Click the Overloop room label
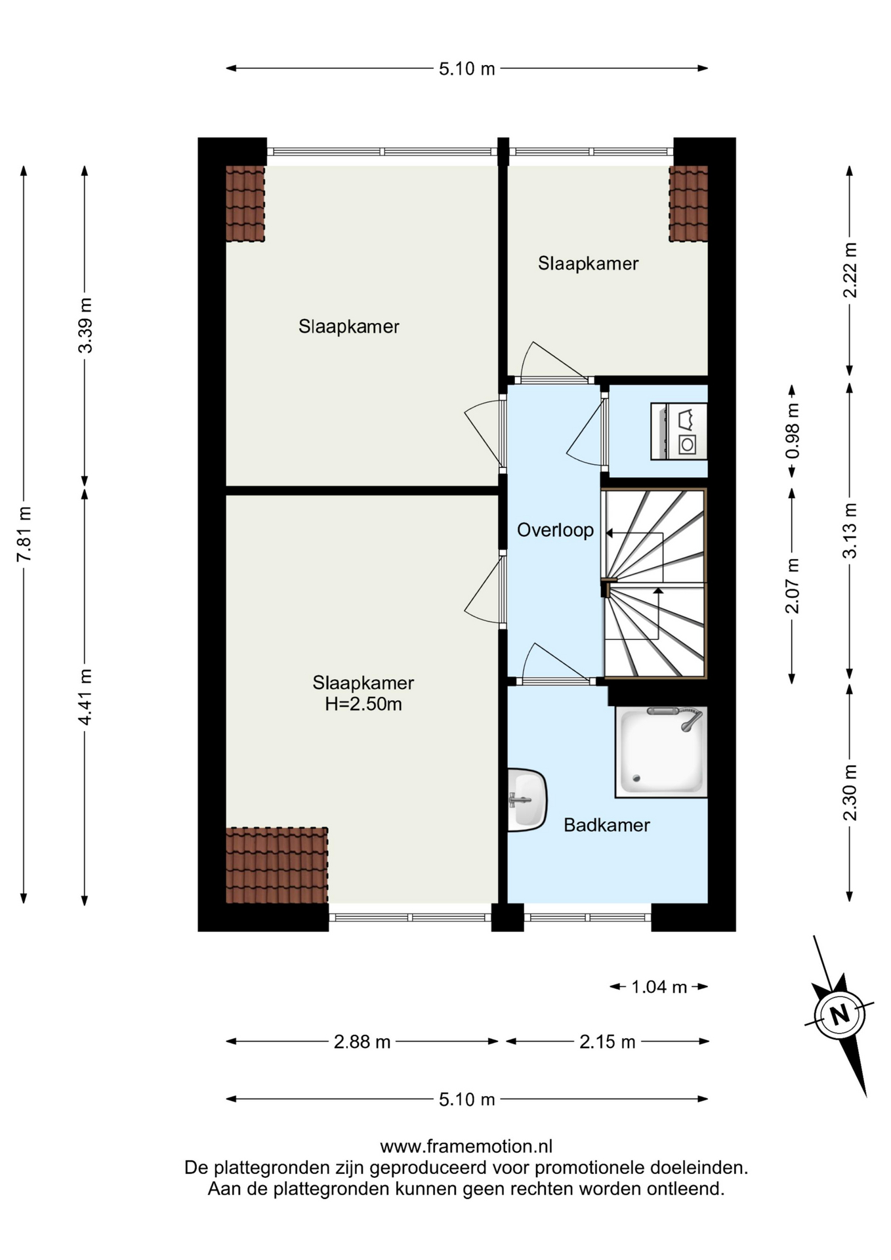[555, 530]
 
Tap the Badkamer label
[607, 825]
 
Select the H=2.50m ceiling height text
[363, 704]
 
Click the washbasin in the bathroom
[528, 800]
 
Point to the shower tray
[661, 752]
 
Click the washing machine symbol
[679, 431]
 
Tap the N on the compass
[840, 1015]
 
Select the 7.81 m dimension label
[24, 534]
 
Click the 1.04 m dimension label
[659, 986]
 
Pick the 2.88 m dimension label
[362, 1041]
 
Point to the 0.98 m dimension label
[793, 431]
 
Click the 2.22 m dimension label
[850, 270]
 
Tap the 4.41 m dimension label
[85, 697]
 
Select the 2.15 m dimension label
[608, 1041]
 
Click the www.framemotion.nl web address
[466, 1146]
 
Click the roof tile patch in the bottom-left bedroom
[277, 866]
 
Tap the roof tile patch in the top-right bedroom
[688, 203]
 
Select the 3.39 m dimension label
[85, 325]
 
